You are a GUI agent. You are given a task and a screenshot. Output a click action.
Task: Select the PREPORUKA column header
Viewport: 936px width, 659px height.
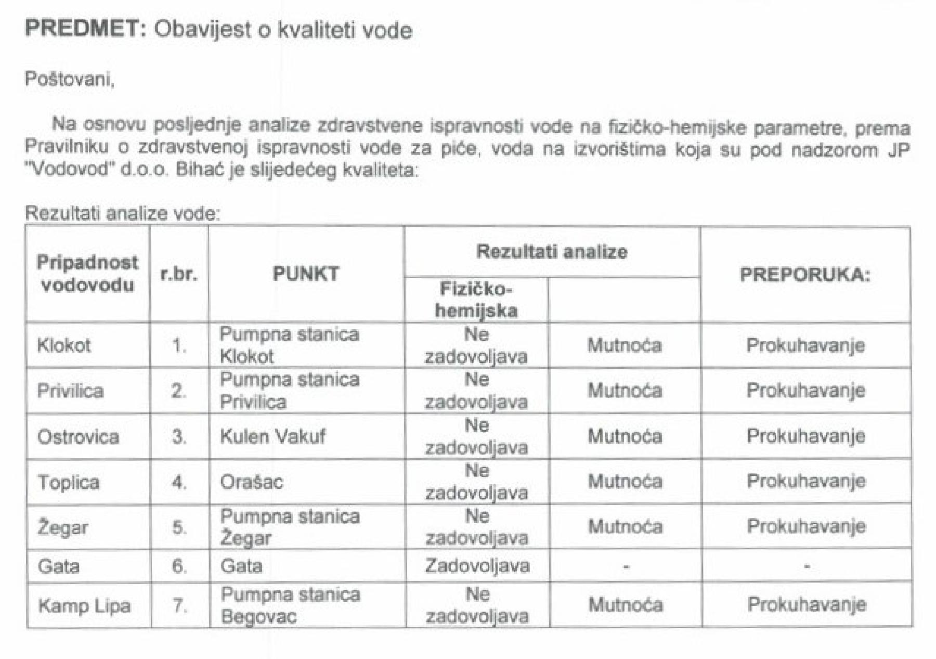pyautogui.click(x=804, y=275)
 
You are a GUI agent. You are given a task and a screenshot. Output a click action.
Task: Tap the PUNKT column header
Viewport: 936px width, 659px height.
pyautogui.click(x=306, y=274)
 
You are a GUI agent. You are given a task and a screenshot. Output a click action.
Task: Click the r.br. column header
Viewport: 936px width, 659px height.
pyautogui.click(x=178, y=274)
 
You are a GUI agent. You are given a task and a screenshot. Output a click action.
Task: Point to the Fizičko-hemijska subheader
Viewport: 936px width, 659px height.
pyautogui.click(x=476, y=300)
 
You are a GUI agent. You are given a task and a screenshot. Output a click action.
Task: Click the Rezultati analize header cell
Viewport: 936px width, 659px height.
pyautogui.click(x=552, y=252)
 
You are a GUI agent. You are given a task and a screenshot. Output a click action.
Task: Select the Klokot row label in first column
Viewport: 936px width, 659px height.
pyautogui.click(x=63, y=345)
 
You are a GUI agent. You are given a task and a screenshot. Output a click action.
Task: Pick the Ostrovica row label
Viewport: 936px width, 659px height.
pyautogui.click(x=78, y=436)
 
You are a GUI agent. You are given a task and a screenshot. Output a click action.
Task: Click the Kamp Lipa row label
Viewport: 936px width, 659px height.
pyautogui.click(x=84, y=606)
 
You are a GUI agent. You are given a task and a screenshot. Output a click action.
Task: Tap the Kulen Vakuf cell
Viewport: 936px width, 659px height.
pyautogui.click(x=272, y=436)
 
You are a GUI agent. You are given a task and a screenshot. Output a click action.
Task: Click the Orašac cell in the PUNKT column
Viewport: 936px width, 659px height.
pyautogui.click(x=251, y=482)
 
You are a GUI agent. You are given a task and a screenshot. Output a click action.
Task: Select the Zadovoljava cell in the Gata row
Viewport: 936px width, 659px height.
pyautogui.click(x=477, y=566)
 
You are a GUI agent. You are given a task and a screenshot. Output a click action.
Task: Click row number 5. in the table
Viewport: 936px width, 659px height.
pyautogui.click(x=179, y=527)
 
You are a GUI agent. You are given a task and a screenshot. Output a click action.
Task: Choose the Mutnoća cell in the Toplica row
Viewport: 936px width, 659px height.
pyautogui.click(x=625, y=482)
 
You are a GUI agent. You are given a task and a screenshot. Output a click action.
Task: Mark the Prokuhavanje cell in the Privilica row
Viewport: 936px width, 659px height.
pyautogui.click(x=805, y=391)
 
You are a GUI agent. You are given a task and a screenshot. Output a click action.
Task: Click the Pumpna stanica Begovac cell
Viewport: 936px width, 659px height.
pyautogui.click(x=290, y=605)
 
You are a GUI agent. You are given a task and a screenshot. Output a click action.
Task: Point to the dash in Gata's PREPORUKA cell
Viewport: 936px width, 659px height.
pyautogui.click(x=806, y=566)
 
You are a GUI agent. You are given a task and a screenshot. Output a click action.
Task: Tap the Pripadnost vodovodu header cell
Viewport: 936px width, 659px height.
pyautogui.click(x=87, y=274)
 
